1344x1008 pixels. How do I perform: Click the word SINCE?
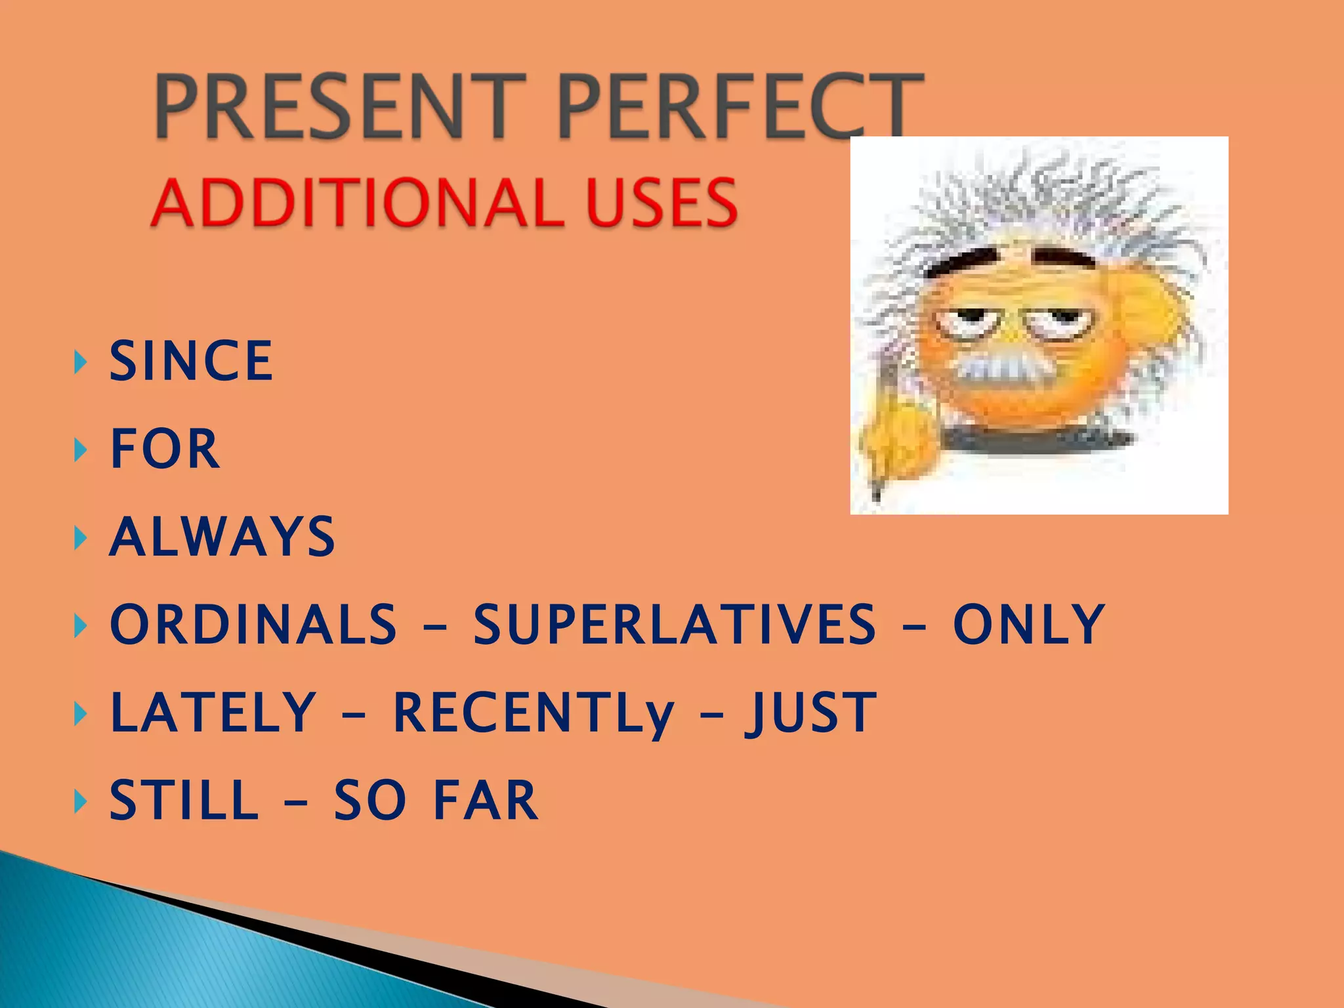(x=191, y=360)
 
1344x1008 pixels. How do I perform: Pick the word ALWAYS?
(x=222, y=537)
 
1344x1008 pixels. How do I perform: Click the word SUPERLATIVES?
(x=675, y=624)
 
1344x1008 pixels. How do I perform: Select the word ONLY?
(x=1029, y=624)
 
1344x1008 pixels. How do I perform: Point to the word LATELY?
(x=214, y=713)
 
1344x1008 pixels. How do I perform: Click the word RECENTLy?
(x=534, y=714)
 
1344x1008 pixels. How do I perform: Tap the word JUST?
(x=811, y=713)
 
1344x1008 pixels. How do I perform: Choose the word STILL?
(x=184, y=801)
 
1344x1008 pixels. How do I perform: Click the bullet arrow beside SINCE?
(x=81, y=362)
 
